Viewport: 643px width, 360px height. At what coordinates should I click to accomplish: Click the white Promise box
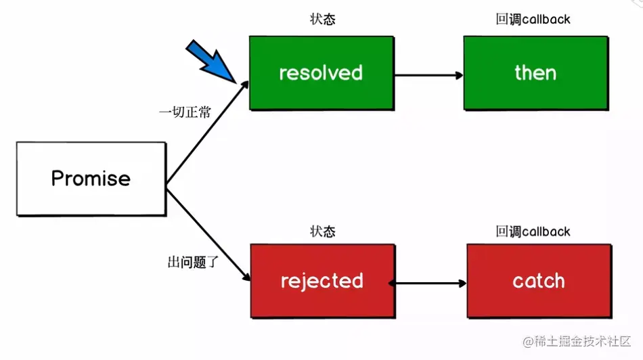point(91,179)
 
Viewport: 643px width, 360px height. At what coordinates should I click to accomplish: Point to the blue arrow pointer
point(210,62)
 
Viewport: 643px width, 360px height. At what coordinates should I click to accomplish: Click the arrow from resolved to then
point(428,75)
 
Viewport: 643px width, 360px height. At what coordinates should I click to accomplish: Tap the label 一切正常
point(185,112)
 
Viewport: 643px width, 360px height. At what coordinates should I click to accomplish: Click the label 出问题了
point(192,261)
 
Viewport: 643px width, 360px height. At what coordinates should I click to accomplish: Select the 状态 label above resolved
point(322,19)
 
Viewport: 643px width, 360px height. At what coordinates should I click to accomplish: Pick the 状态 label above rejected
point(322,231)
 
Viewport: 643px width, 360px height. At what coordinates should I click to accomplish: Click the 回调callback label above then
point(533,19)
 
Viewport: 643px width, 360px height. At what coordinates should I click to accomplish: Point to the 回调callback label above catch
point(533,231)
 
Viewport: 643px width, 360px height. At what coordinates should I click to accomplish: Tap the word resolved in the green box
point(321,73)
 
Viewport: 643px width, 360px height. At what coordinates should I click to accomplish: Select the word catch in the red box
point(539,281)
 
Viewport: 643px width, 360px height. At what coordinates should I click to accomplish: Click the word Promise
point(91,179)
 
